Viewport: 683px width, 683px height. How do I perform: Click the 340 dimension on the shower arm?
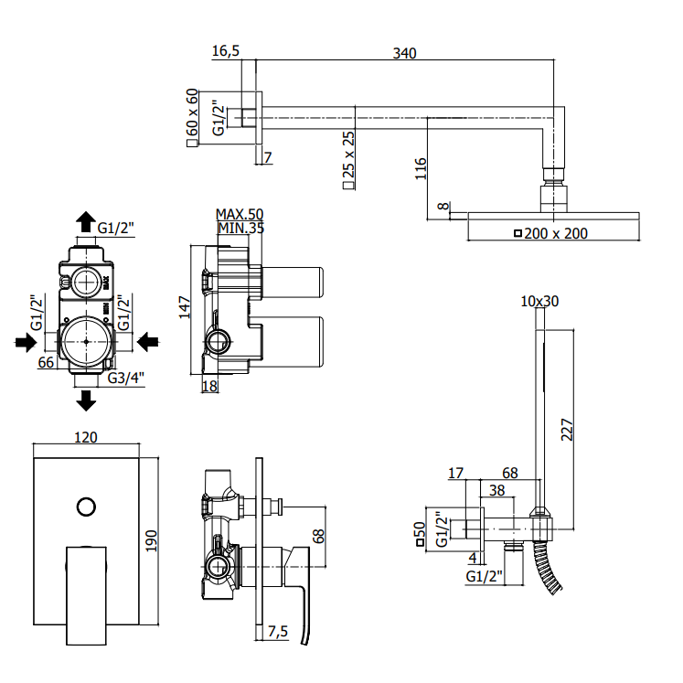coord(405,53)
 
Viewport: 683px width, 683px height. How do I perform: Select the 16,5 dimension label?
coord(226,51)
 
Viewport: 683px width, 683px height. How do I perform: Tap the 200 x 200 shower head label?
coord(551,233)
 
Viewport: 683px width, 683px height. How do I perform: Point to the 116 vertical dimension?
coord(421,168)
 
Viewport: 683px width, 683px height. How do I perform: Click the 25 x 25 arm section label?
coord(348,159)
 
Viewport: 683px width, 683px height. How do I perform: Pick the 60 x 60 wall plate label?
coord(192,118)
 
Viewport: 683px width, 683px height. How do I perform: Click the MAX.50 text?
coord(240,214)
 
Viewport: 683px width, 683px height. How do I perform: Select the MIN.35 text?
coord(240,228)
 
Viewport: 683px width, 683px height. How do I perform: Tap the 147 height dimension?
coord(185,307)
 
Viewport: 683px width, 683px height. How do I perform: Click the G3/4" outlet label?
coord(125,378)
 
